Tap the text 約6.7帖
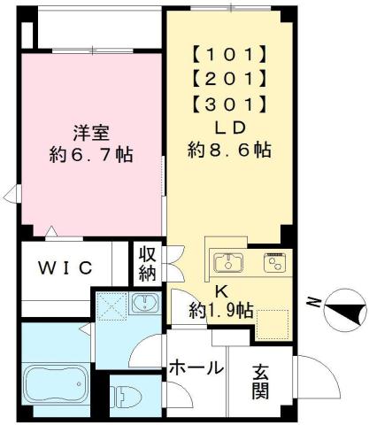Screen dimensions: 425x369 90,153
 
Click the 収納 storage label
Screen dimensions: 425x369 147,263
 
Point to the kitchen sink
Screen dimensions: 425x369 228,262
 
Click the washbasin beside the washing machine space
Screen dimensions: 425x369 141,305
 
